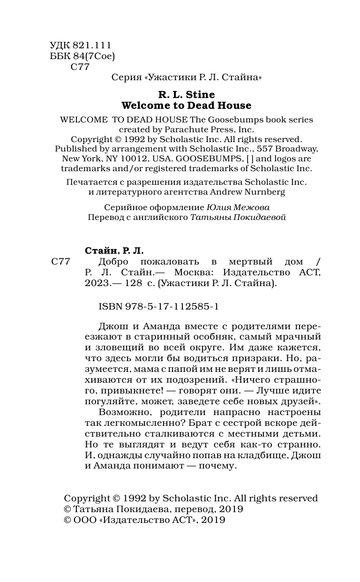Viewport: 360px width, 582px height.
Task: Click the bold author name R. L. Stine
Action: click(186, 95)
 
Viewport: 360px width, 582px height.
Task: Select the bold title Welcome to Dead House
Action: click(186, 106)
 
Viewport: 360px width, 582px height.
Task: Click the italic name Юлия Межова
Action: click(238, 207)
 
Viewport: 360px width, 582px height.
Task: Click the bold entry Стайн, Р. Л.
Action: click(114, 251)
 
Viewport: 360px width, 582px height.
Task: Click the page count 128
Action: click(130, 283)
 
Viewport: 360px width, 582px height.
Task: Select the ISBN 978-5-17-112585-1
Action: click(159, 306)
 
